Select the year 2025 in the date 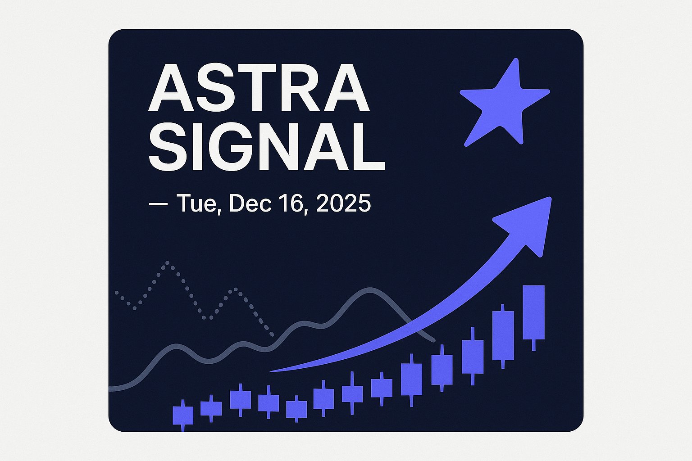[343, 203]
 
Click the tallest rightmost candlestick [533, 312]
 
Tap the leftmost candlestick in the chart [183, 415]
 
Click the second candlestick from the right [503, 335]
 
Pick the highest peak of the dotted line [168, 262]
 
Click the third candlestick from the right [473, 357]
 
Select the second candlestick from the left [211, 408]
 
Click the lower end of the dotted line [272, 335]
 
